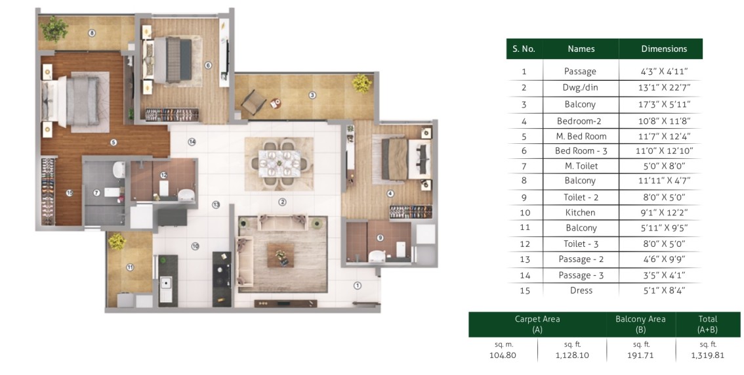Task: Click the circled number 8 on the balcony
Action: click(x=92, y=33)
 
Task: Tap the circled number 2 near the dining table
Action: click(x=282, y=202)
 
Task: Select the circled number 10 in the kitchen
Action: click(x=195, y=246)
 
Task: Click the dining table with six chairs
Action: click(x=279, y=164)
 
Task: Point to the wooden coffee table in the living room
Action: click(x=280, y=255)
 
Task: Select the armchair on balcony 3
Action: click(x=253, y=101)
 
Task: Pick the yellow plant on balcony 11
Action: click(x=117, y=240)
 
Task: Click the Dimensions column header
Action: click(x=664, y=49)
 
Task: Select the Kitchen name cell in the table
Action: click(x=580, y=213)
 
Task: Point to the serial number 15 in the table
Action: click(x=524, y=290)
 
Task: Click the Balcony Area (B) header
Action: click(x=640, y=324)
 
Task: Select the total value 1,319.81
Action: click(x=707, y=355)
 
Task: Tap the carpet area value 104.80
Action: click(x=503, y=355)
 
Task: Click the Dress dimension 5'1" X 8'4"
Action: click(x=664, y=290)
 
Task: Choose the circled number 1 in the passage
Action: click(x=358, y=286)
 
